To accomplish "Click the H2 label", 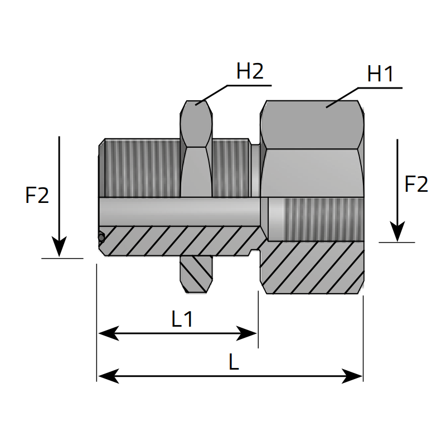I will [x=249, y=71].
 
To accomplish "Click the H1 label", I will [x=381, y=74].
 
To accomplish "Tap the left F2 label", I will [x=37, y=195].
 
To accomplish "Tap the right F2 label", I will [x=416, y=184].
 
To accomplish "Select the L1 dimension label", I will [x=182, y=319].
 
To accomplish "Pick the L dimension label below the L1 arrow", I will [x=234, y=363].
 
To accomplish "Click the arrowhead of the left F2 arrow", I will [x=59, y=248].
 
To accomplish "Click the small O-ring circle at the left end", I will [x=101, y=237].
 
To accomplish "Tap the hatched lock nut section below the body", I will [x=196, y=274].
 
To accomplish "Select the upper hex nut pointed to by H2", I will [x=196, y=123].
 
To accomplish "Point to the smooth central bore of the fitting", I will [x=178, y=211].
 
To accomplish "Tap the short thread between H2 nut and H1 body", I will [x=230, y=167].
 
